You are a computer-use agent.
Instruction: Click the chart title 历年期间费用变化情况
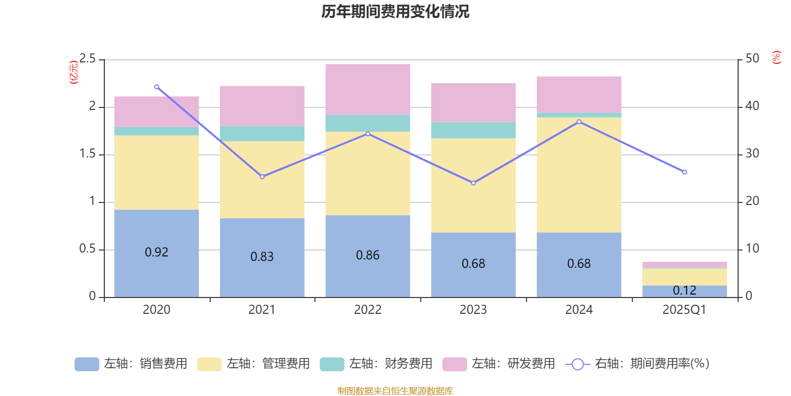point(395,11)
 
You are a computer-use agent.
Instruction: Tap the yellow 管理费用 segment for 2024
point(579,175)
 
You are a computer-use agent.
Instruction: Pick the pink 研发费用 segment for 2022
point(368,89)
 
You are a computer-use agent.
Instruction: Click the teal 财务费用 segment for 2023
point(474,130)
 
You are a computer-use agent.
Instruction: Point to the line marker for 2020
point(157,87)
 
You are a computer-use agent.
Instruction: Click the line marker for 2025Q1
point(685,172)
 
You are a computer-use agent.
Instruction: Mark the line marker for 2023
point(474,183)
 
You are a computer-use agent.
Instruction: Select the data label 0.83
point(262,256)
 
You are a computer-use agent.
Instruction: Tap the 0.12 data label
point(685,291)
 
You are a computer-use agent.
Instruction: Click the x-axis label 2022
point(368,310)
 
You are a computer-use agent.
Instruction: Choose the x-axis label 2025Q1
point(685,310)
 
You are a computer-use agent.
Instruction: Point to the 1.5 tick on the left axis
point(88,154)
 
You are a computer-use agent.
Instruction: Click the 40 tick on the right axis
point(752,106)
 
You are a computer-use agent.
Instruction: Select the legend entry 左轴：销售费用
point(131,364)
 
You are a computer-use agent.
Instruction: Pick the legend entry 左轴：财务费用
point(376,364)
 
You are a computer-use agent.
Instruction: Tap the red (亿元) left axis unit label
point(74,72)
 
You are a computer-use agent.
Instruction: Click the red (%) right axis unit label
point(776,57)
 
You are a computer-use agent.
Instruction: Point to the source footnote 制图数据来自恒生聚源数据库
point(395,391)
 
